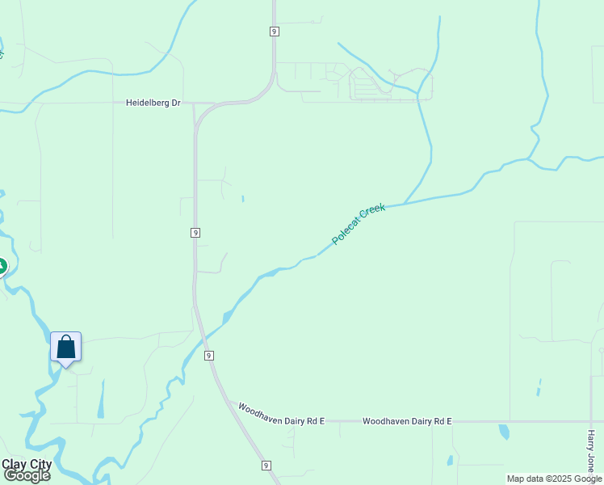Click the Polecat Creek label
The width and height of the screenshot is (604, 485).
[x=359, y=224]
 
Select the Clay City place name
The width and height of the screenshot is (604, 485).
[x=27, y=464]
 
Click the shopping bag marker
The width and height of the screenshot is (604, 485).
[x=66, y=348]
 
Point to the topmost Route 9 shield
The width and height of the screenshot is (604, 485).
[x=275, y=32]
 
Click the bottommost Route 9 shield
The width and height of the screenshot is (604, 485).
[x=266, y=466]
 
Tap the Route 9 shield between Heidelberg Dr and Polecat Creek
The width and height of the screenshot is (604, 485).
[x=195, y=233]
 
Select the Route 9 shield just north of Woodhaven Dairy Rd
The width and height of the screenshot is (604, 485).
[x=208, y=356]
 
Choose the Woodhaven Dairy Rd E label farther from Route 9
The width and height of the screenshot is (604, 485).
[x=407, y=421]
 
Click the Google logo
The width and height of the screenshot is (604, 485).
[x=27, y=475]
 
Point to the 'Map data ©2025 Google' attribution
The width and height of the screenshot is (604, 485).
[x=554, y=479]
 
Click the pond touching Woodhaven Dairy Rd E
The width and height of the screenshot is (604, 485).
[x=504, y=431]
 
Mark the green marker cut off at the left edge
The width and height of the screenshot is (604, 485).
[x=2, y=265]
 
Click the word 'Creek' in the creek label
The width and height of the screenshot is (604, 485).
[x=371, y=214]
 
